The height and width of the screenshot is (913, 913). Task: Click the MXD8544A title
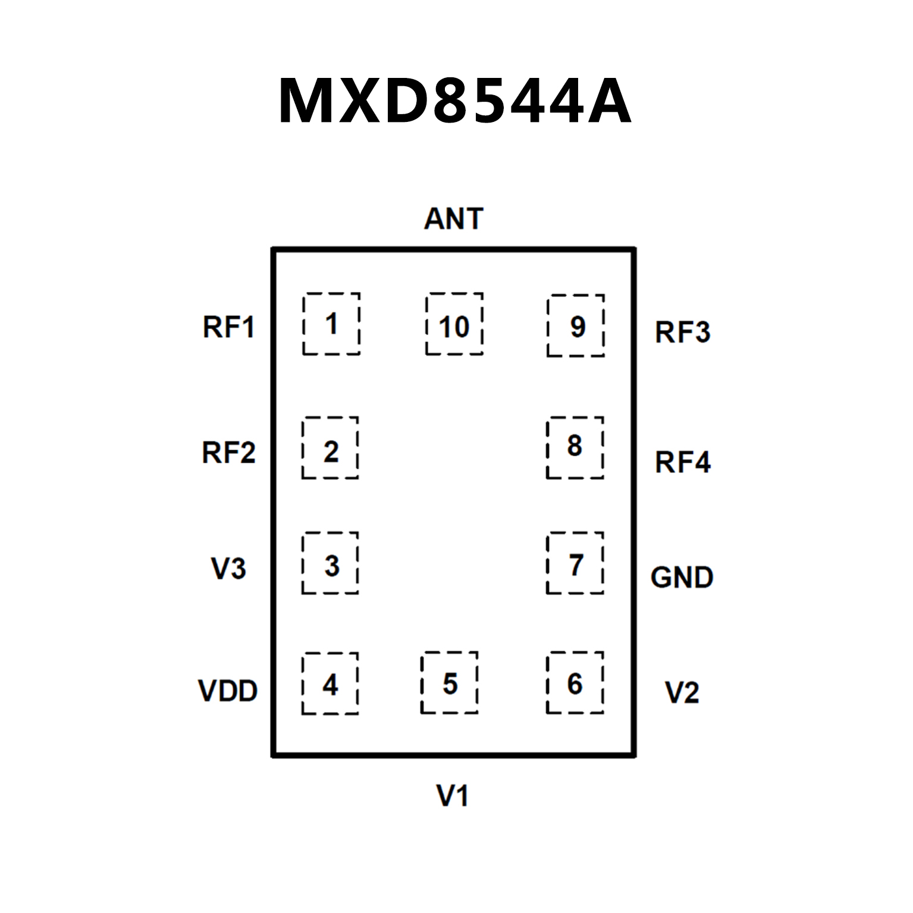[x=455, y=101]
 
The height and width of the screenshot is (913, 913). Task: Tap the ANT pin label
[x=453, y=219]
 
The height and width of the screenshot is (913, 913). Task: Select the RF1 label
[x=228, y=327]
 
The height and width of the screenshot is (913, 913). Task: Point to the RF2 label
[x=228, y=453]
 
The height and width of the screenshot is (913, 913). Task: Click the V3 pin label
[x=228, y=568]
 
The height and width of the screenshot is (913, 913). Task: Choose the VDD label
[x=228, y=691]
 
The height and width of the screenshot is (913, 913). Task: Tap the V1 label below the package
[x=453, y=796]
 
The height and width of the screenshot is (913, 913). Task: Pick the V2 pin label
[x=682, y=693]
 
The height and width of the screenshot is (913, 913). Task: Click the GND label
[x=682, y=578]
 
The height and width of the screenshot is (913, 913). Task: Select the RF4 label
[x=682, y=462]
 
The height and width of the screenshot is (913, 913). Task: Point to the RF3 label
[x=682, y=332]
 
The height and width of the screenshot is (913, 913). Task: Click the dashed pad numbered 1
[x=331, y=324]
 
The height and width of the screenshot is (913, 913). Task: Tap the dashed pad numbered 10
[x=454, y=324]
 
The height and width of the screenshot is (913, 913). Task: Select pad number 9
[x=576, y=325]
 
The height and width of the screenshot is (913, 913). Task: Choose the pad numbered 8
[x=575, y=448]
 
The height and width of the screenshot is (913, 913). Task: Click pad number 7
[x=575, y=563]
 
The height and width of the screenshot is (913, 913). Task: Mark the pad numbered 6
[x=575, y=683]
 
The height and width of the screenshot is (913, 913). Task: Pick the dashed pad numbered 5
[x=450, y=683]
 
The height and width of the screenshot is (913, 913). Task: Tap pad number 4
[x=330, y=683]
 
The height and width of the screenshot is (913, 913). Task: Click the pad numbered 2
[x=330, y=448]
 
